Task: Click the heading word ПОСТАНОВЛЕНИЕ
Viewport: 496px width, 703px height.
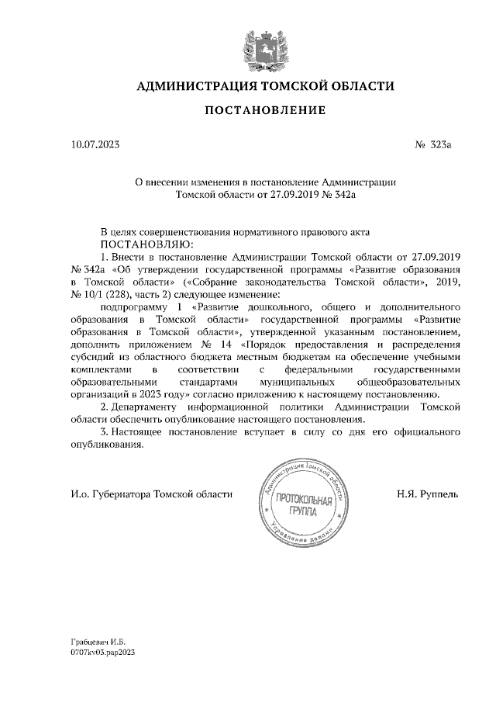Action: pyautogui.click(x=264, y=111)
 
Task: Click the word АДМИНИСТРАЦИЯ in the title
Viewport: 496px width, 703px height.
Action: pyautogui.click(x=191, y=85)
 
